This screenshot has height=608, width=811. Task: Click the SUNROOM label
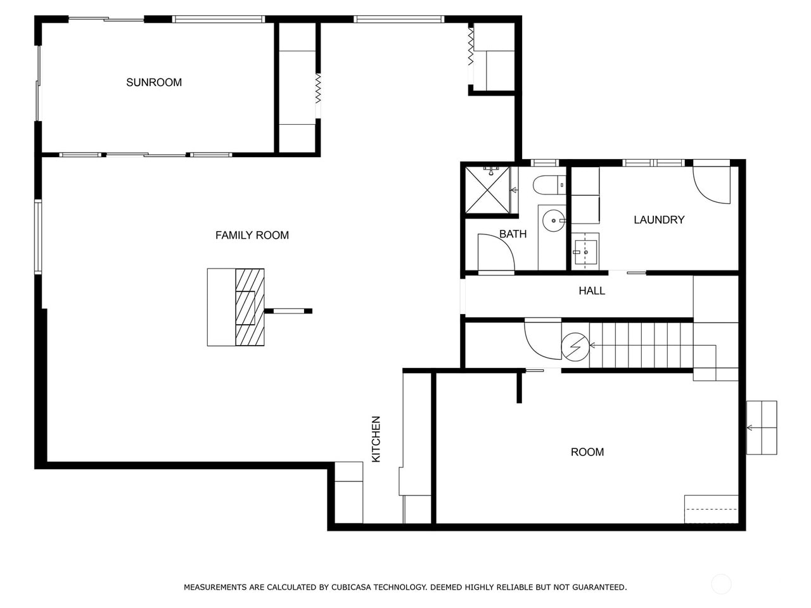click(x=154, y=82)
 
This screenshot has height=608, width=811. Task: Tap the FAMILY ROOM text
click(x=252, y=235)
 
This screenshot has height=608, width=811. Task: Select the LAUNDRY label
click(x=659, y=220)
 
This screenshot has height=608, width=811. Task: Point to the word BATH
click(x=513, y=234)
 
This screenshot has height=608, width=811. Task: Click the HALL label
click(x=592, y=291)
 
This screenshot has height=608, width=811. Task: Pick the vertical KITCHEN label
click(x=376, y=439)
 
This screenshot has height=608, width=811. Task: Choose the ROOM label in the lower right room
click(x=587, y=452)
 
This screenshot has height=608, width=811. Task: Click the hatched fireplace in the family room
click(x=250, y=307)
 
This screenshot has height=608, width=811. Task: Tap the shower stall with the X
click(x=488, y=189)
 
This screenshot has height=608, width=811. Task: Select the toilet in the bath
click(x=549, y=185)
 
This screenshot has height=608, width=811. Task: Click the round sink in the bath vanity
click(x=554, y=221)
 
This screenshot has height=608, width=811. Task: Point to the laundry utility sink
click(x=585, y=251)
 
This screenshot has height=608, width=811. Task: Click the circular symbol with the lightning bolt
click(x=575, y=346)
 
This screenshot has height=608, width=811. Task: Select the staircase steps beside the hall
click(x=640, y=345)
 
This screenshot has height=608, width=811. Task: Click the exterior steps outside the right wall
click(x=762, y=427)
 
